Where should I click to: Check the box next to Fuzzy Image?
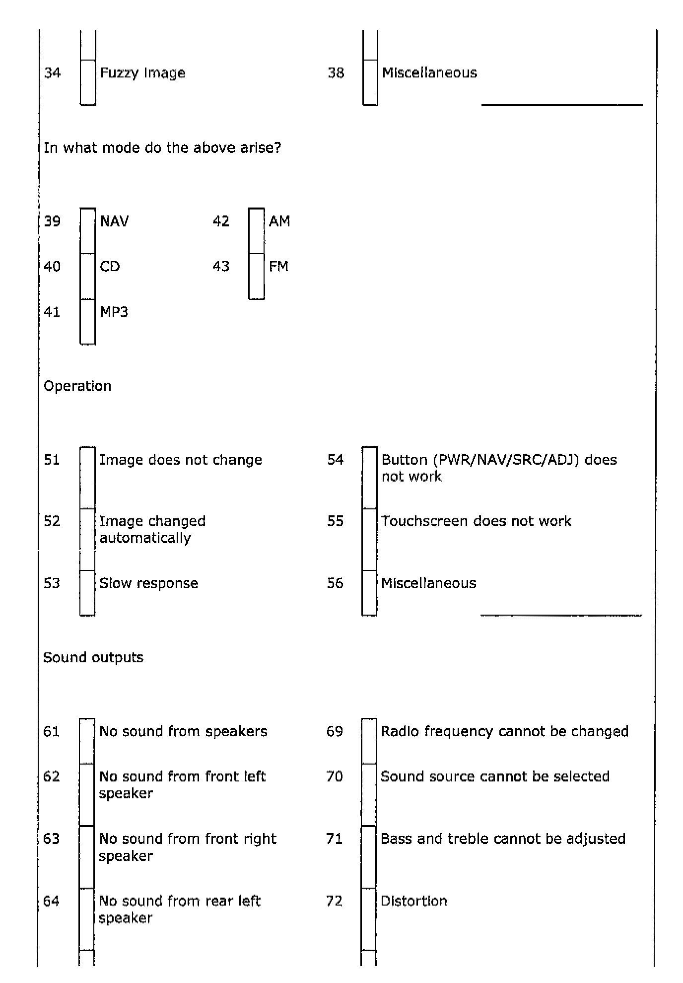(x=88, y=82)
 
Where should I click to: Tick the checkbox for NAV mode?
(x=88, y=231)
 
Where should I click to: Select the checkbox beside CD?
(x=88, y=276)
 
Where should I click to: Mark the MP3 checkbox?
(x=88, y=321)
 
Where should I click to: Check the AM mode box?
(x=257, y=231)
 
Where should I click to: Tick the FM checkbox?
(x=257, y=276)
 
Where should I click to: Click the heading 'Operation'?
(x=77, y=386)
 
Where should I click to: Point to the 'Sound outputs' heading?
(x=93, y=657)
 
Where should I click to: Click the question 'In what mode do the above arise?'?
(x=162, y=147)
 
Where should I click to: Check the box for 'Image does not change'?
(x=87, y=478)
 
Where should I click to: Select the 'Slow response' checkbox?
(x=87, y=593)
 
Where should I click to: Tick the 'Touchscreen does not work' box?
(x=369, y=539)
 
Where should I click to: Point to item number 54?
(x=336, y=459)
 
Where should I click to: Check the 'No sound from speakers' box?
(x=87, y=741)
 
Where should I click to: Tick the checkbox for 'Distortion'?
(x=369, y=919)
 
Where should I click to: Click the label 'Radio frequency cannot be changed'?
(x=505, y=731)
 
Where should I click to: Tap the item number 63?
(x=52, y=839)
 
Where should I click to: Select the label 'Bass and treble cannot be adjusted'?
(x=503, y=839)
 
